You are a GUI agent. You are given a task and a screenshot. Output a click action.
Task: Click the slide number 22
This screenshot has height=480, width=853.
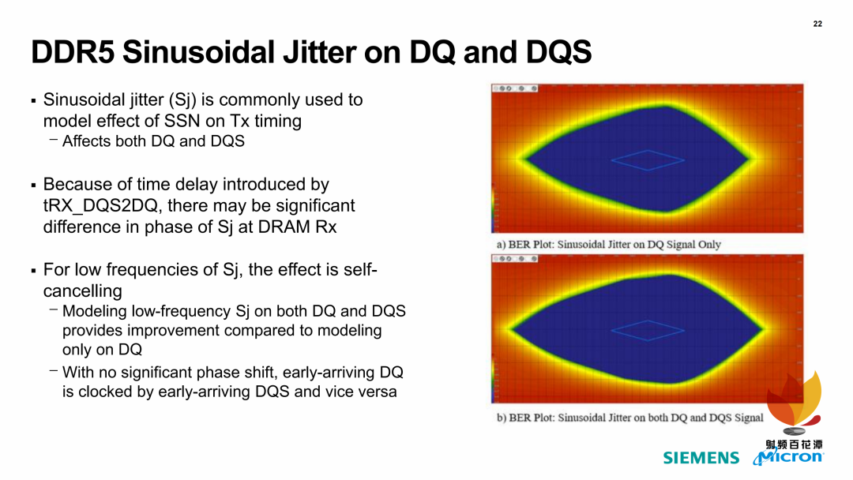(x=817, y=24)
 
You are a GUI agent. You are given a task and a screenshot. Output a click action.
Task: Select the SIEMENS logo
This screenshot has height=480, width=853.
(x=701, y=458)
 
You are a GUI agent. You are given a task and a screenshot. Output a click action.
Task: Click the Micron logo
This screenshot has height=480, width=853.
(x=789, y=457)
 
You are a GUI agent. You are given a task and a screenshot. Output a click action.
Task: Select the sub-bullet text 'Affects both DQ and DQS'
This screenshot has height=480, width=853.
(x=153, y=141)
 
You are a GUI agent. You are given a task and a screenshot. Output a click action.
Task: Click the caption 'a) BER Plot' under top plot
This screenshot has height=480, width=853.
(x=609, y=245)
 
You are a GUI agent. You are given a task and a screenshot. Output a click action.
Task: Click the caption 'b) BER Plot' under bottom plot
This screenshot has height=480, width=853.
(x=630, y=418)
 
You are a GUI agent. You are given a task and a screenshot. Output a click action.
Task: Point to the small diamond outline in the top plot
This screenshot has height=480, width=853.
(x=648, y=150)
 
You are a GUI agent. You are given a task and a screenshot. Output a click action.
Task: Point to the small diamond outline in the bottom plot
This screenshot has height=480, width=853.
(x=648, y=321)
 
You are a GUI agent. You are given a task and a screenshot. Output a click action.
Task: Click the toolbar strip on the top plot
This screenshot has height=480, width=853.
(x=515, y=88)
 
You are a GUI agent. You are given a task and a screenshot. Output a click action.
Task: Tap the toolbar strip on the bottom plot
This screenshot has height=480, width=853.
(x=515, y=259)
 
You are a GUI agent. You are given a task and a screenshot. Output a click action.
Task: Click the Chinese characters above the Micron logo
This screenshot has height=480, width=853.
(x=795, y=444)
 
